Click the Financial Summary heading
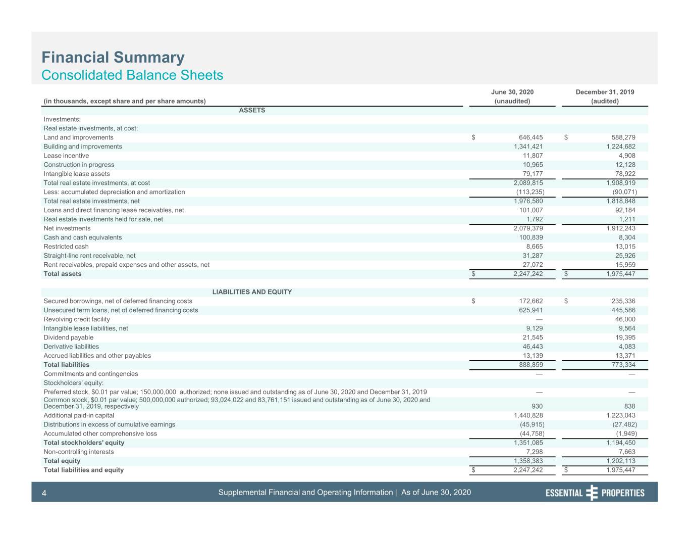(x=113, y=58)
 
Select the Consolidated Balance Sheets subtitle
(x=132, y=75)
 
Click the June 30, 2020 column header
(x=512, y=92)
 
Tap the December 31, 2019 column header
(x=605, y=92)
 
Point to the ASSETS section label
(x=252, y=110)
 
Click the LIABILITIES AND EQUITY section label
(x=252, y=292)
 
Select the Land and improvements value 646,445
(x=531, y=137)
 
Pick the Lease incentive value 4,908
(x=627, y=156)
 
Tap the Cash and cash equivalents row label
(x=82, y=237)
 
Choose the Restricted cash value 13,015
(x=625, y=247)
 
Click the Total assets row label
(x=63, y=274)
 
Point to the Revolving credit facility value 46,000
(x=625, y=319)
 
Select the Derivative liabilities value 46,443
(x=533, y=347)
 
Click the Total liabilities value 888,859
(x=531, y=365)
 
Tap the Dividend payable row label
(x=69, y=337)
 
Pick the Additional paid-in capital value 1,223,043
(x=621, y=415)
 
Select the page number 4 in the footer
(x=44, y=493)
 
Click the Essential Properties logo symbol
(x=592, y=493)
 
